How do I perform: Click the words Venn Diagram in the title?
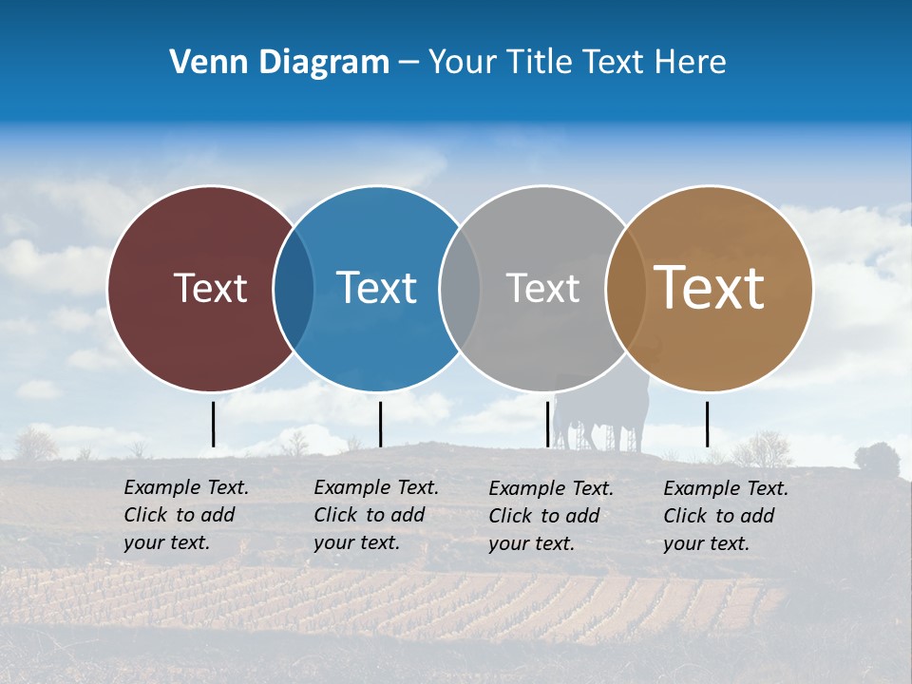pos(279,63)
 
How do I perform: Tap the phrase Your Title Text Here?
pos(577,63)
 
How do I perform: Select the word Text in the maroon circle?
pos(210,288)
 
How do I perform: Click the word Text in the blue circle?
pos(376,288)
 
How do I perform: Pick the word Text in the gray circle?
pos(542,288)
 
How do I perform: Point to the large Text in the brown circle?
pos(709,288)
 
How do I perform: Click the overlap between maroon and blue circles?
pos(294,289)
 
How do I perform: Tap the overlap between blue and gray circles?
pos(460,289)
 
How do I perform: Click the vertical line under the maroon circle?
pos(214,424)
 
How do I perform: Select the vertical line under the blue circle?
pos(380,424)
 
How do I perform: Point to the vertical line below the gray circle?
pos(547,424)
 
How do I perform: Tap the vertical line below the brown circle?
pos(707,424)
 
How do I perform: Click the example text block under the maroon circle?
pos(186,515)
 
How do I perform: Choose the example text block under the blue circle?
pos(376,515)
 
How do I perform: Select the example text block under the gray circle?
pos(551,516)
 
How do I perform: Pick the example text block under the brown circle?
pos(726,516)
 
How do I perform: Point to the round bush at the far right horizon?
pos(876,459)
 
